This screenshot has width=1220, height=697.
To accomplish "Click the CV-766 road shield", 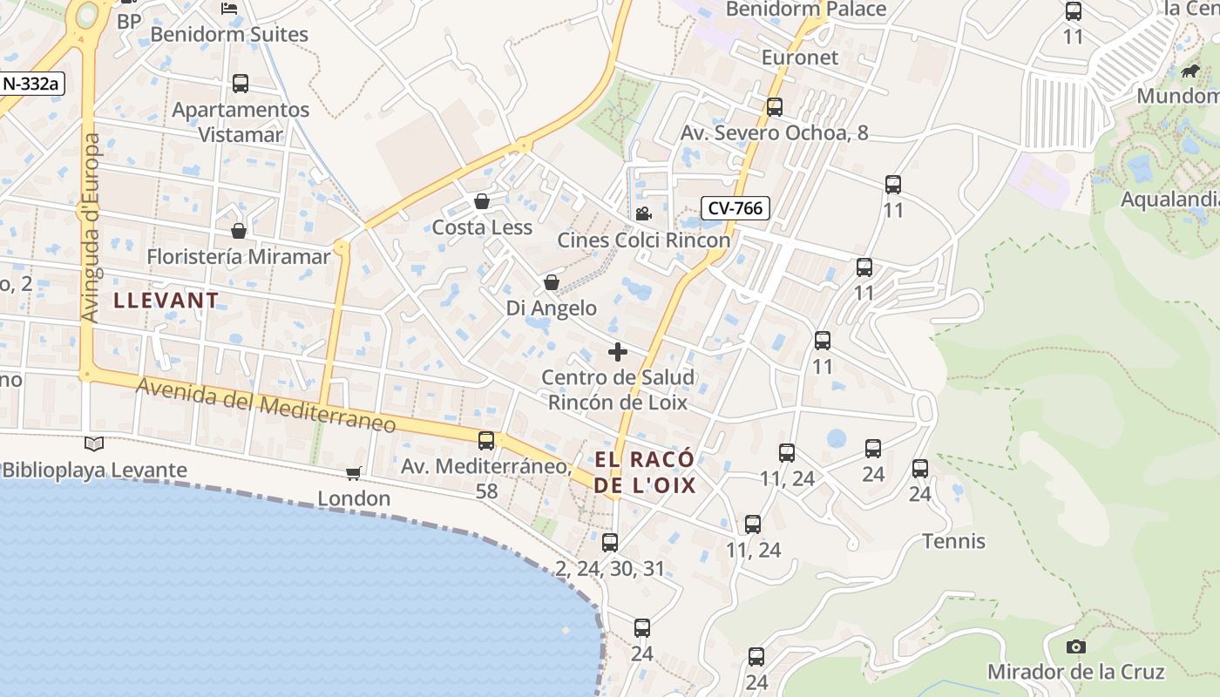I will pos(735,208).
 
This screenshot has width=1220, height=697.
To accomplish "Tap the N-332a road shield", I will pos(32,84).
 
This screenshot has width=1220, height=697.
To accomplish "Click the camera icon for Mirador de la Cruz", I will pos(1076,646).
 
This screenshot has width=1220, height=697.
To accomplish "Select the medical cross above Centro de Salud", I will pos(618,352).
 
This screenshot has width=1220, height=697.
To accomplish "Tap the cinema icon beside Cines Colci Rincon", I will pos(643,214).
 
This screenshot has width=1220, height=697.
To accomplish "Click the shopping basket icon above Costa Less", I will pos(481,202).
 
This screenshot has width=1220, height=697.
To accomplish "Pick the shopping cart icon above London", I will pos(353,473).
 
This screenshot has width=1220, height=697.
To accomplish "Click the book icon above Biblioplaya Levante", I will pos(94,444).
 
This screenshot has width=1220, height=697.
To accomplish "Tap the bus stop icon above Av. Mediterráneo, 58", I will pos(486,441).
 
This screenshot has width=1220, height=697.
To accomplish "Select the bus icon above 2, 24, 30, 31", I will pos(610,543).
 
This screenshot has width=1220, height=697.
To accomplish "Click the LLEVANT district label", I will pos(166,301).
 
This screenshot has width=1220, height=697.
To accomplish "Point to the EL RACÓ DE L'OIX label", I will pos(646,472).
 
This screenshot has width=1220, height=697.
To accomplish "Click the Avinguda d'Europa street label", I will pos(91,228).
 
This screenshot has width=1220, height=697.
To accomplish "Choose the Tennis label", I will pos(954,541).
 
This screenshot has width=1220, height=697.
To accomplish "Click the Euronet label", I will pos(799,58).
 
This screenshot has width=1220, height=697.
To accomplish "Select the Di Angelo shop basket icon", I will pos(551,283).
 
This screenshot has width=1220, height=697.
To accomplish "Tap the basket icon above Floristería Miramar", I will pos(239,231).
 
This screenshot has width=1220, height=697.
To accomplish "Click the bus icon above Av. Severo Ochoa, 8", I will pos(774,107).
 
